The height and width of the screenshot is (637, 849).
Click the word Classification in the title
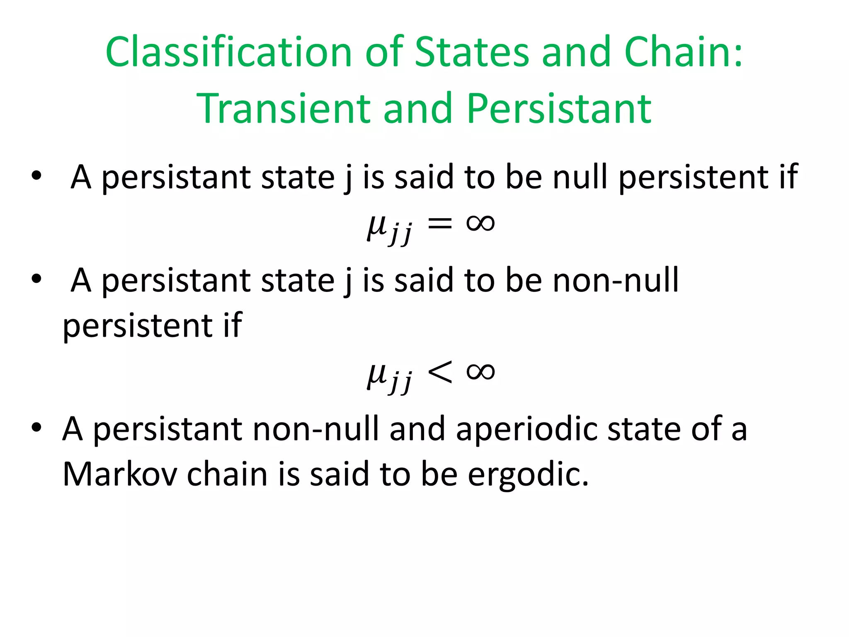coord(228,52)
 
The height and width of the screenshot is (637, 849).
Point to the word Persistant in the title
coord(559,109)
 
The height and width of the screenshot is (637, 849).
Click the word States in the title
coord(472,52)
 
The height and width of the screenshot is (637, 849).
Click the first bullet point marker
coord(36,176)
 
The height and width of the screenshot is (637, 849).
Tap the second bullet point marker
coord(36,279)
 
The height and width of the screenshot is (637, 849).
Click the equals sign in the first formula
coord(439,224)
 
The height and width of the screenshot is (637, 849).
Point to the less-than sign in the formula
coord(439,372)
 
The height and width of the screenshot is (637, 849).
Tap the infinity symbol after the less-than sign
coord(480,371)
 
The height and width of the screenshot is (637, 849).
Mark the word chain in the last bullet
coord(227,474)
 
